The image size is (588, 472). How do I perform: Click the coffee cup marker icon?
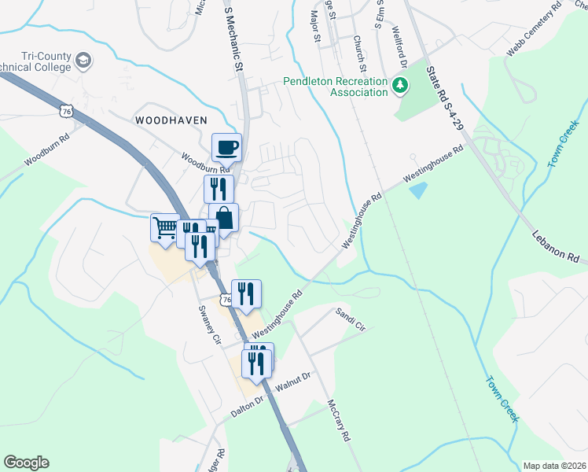tap(227, 146)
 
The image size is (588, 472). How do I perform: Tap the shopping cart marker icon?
tap(165, 227)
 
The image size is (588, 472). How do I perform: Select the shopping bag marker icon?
tap(224, 217)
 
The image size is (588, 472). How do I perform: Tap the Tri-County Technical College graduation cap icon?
tap(83, 60)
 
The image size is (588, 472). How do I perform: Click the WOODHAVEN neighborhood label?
tap(171, 120)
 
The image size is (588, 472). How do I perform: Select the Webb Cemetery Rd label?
tap(535, 29)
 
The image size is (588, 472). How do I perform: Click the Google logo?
tap(26, 463)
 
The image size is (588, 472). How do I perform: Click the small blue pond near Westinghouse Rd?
tap(419, 190)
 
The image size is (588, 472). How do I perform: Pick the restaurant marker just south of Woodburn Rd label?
tap(219, 188)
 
